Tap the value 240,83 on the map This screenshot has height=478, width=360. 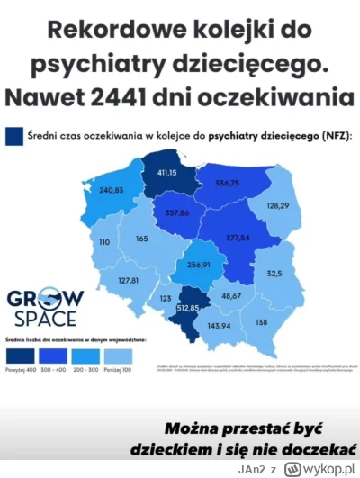tap(111, 190)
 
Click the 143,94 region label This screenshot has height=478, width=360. tap(218, 326)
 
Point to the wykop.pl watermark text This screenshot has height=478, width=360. tap(325, 466)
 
